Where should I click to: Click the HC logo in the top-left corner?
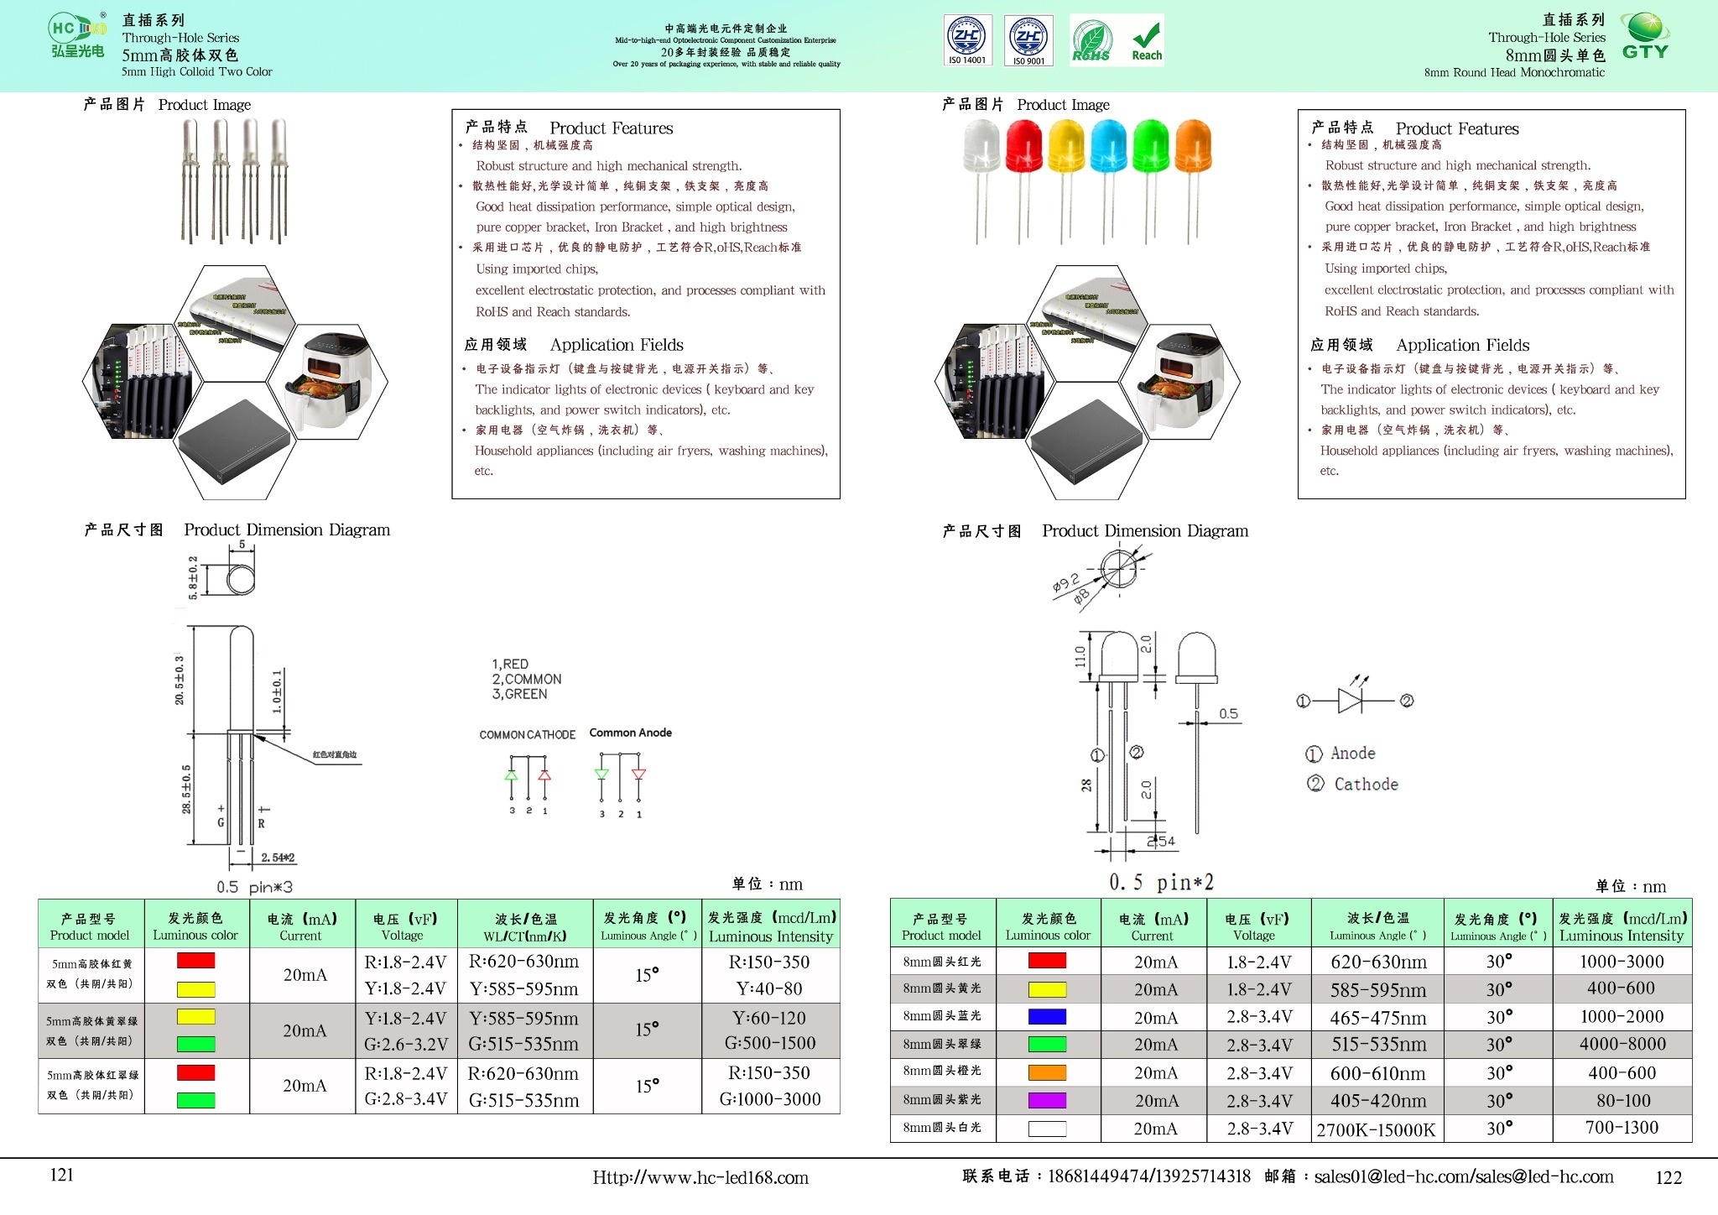coord(77,35)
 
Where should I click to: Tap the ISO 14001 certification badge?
coord(967,39)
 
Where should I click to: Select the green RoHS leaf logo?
coord(1091,40)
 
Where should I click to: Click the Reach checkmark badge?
coord(1147,40)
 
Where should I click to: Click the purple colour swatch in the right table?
coord(1047,1100)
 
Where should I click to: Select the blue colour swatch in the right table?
coord(1047,1017)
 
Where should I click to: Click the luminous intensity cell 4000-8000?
coord(1622,1045)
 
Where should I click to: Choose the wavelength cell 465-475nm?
coord(1377,1018)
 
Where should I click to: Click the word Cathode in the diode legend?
coord(1366,785)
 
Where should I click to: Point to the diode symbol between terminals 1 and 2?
coord(1350,701)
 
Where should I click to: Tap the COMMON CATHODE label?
coord(527,735)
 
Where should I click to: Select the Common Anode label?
coord(630,733)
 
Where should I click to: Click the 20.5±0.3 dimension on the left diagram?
coord(180,680)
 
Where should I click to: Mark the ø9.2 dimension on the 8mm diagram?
coord(1066,583)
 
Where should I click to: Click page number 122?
coord(1669,1177)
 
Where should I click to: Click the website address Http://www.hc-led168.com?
coord(700,1178)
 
